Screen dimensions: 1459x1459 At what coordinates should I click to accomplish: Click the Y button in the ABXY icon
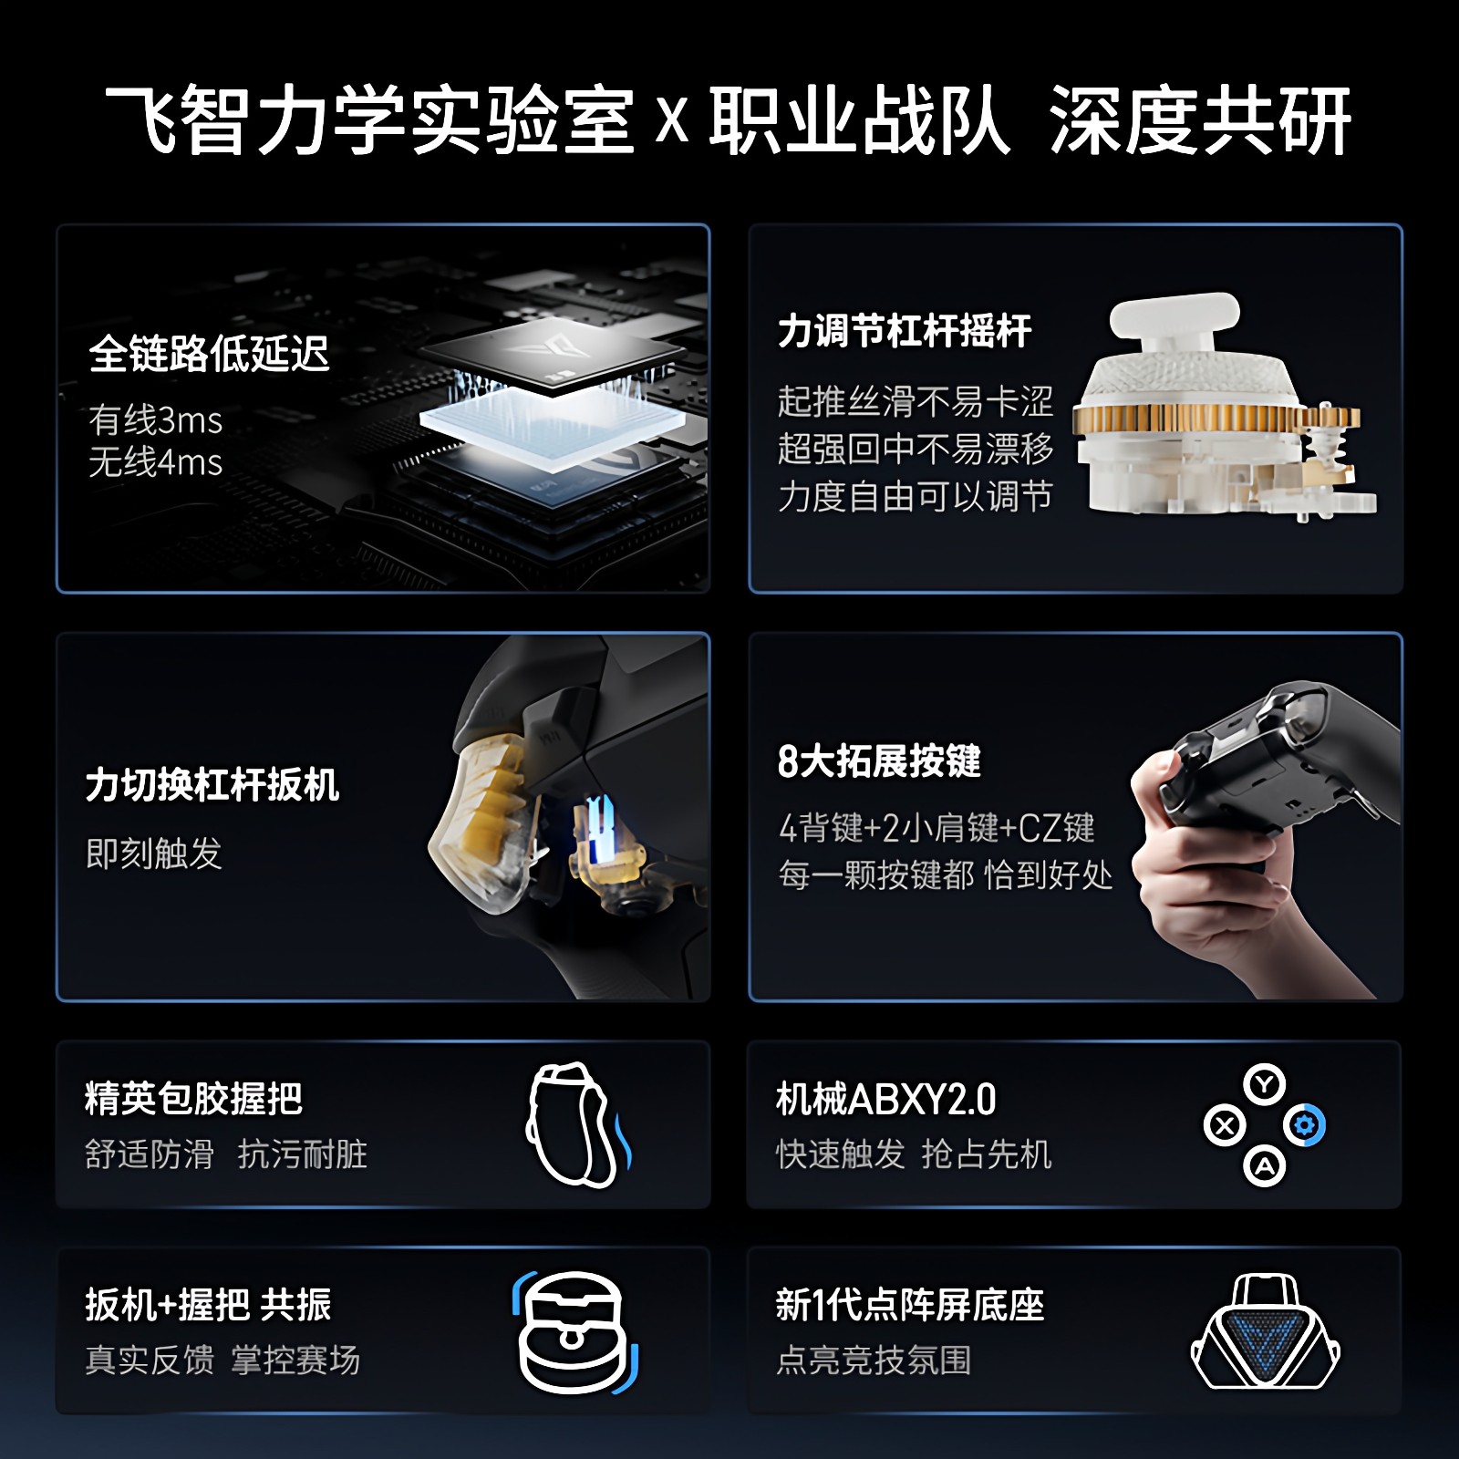1264,1085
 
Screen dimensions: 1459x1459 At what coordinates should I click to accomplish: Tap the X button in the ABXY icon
1225,1126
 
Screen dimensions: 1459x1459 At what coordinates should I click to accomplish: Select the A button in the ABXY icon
1265,1166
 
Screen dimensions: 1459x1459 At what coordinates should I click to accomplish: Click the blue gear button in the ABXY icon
1305,1126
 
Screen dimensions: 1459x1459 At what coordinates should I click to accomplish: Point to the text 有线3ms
156,420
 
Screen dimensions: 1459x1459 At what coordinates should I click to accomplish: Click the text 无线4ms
156,462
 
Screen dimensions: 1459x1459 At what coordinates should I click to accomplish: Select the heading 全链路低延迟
209,354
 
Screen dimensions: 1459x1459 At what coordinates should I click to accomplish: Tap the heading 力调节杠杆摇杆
904,331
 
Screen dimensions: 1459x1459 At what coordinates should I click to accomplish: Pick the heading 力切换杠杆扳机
212,785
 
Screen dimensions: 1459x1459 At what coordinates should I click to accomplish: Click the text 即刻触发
154,854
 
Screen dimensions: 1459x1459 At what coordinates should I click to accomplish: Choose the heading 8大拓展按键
879,761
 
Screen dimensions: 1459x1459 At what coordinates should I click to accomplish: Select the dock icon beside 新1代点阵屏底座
1266,1332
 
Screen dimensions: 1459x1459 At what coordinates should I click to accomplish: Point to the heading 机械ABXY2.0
885,1100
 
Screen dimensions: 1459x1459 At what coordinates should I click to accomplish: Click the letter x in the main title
672,121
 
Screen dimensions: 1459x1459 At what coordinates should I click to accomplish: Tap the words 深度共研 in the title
1200,121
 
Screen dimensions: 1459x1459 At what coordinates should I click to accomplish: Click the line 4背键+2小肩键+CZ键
936,828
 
